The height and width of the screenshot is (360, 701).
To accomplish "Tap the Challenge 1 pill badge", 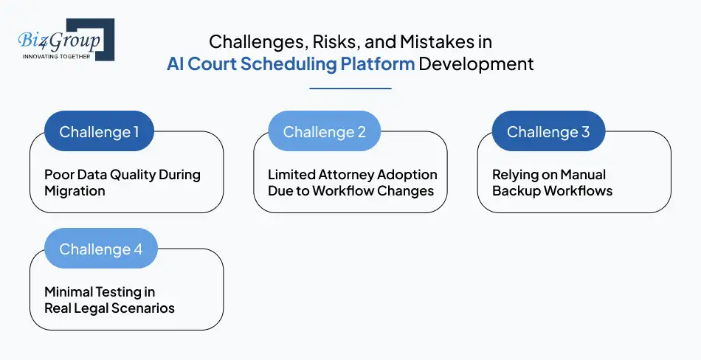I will pyautogui.click(x=99, y=132).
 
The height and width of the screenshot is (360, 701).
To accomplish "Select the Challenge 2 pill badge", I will pyautogui.click(x=324, y=132).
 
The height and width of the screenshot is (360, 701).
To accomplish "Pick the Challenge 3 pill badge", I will pyautogui.click(x=548, y=132).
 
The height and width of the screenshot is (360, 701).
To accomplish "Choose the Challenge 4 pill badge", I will pyautogui.click(x=101, y=249).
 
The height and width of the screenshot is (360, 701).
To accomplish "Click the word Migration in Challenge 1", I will pyautogui.click(x=75, y=191).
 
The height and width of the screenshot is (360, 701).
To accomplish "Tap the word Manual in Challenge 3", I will pyautogui.click(x=582, y=175).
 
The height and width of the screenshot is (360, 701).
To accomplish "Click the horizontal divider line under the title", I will pyautogui.click(x=350, y=89).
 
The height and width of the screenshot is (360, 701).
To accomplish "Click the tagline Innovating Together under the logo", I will pyautogui.click(x=57, y=56).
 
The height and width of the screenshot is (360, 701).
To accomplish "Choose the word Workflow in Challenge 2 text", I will pyautogui.click(x=350, y=191).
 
